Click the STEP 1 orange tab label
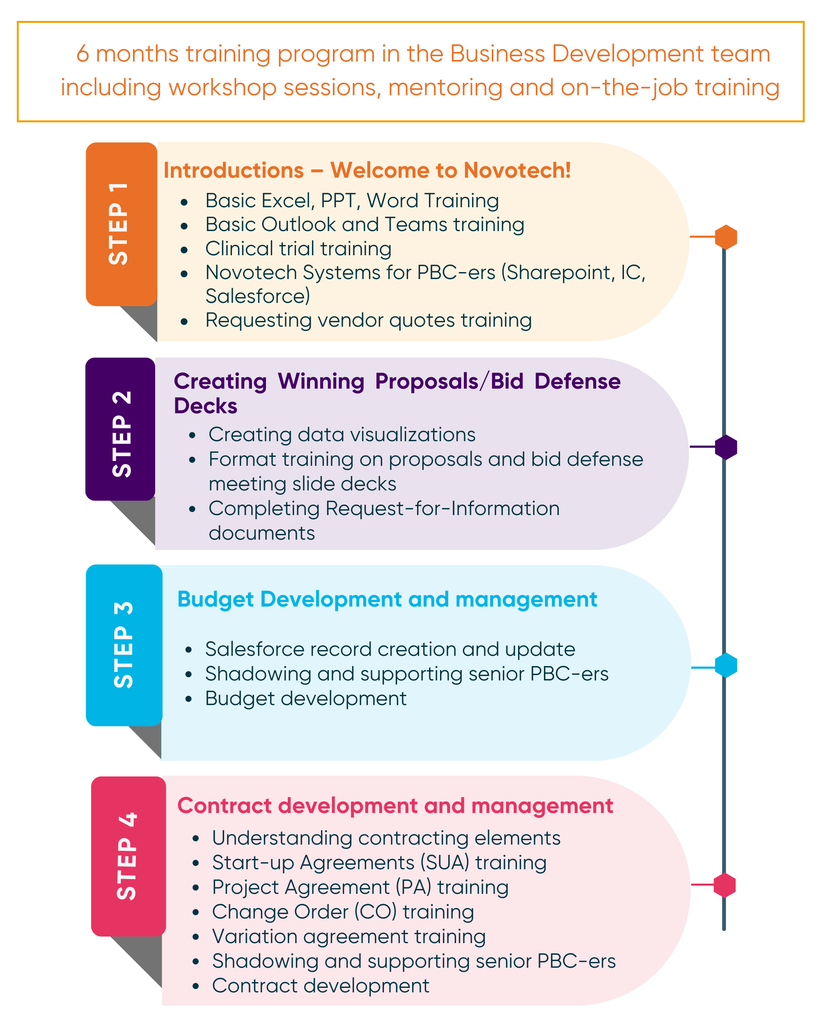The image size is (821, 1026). pos(119,224)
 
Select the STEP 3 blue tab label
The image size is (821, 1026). pos(123,645)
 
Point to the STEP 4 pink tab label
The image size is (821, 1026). pos(126,856)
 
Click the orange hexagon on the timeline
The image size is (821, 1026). pos(725,236)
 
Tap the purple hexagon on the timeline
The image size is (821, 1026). pos(725,447)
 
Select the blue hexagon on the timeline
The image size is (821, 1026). pos(725,665)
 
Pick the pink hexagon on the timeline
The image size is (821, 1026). pos(725,885)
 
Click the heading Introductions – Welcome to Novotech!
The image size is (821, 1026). pos(367,170)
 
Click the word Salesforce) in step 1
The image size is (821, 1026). pos(257,296)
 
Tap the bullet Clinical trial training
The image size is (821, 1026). pos(298,248)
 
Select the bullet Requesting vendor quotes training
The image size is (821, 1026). pos(368,320)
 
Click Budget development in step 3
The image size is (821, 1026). pos(305,699)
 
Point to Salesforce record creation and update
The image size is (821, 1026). pos(390,649)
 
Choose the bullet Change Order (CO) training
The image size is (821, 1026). pos(343,912)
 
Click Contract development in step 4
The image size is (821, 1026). pos(320,985)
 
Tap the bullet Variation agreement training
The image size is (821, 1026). pos(349,936)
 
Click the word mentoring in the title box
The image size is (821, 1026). pos(445,87)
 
